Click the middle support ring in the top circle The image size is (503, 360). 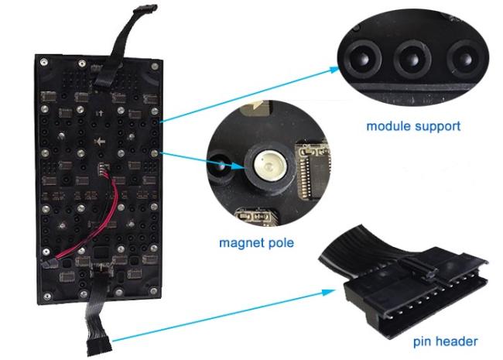(x=409, y=56)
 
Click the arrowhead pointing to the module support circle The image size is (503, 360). (x=334, y=70)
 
